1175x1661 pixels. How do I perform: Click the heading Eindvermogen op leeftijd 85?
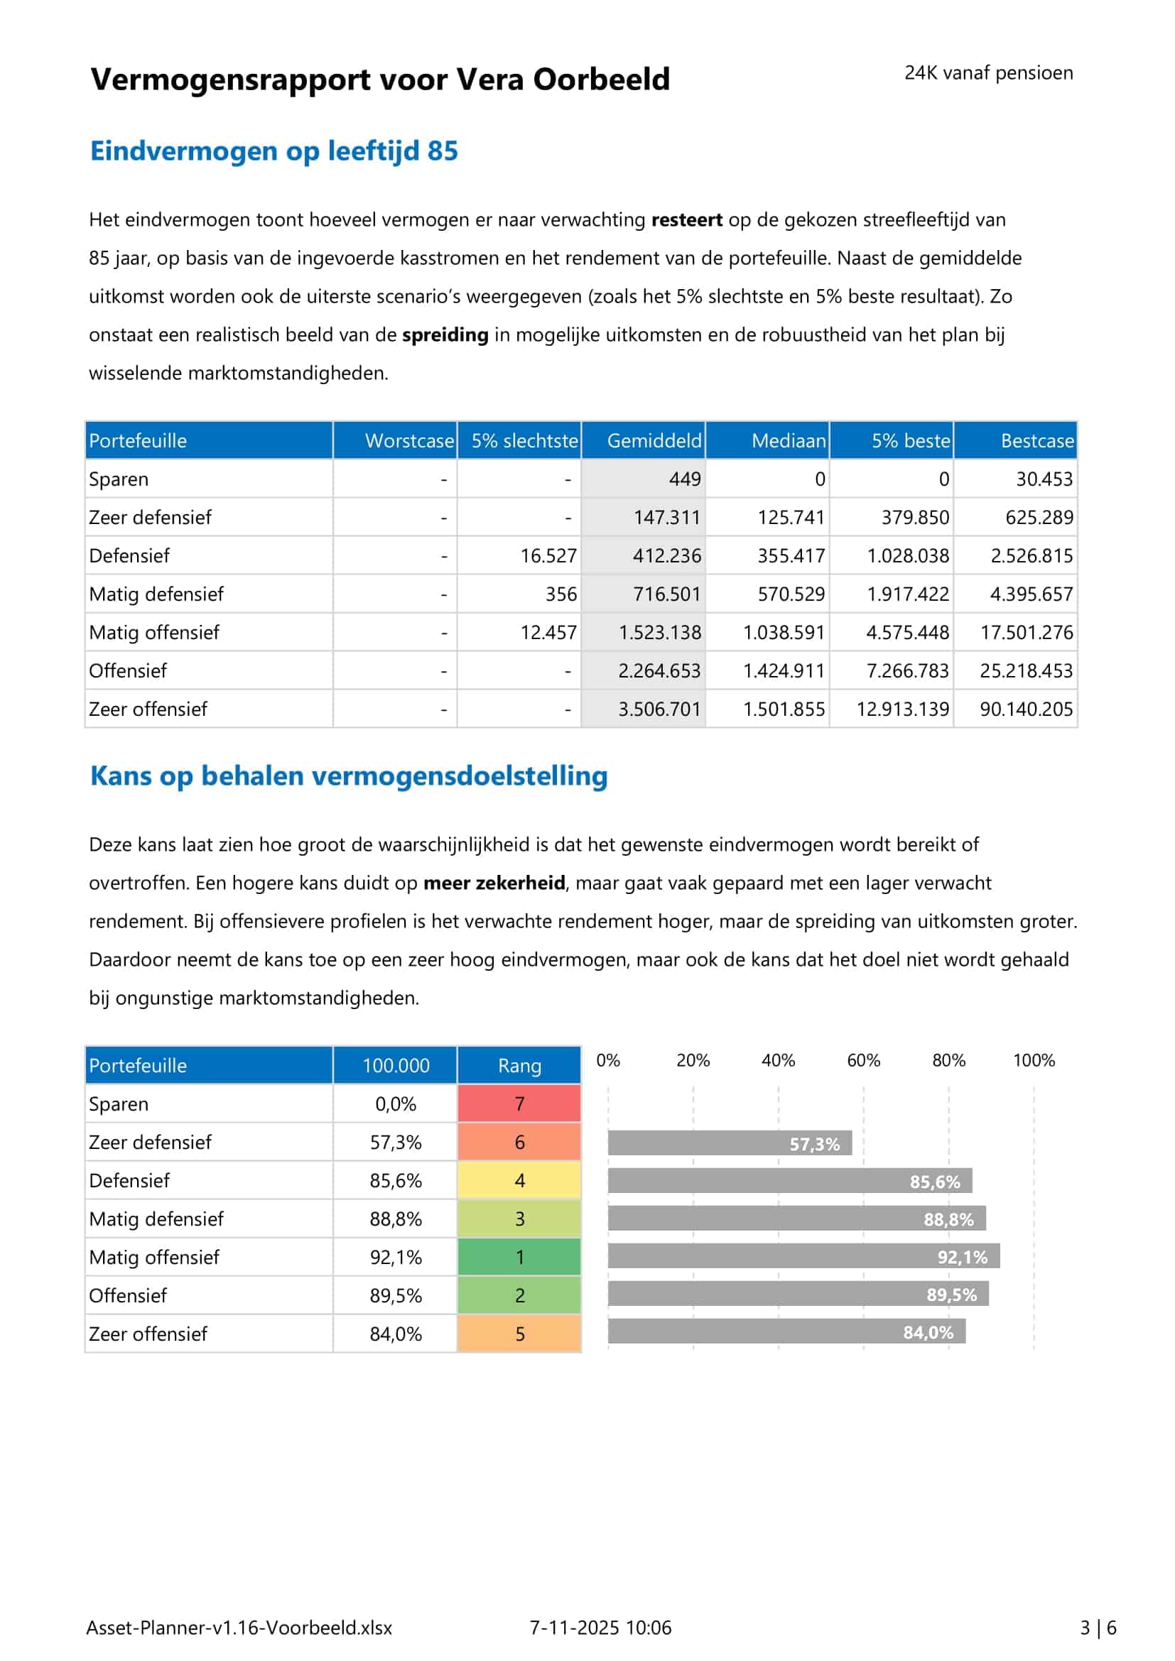click(274, 151)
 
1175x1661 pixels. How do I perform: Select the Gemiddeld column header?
click(654, 440)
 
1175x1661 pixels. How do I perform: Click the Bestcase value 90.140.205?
click(1025, 709)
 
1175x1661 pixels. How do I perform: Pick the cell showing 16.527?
click(548, 555)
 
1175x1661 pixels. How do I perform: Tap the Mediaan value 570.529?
click(790, 594)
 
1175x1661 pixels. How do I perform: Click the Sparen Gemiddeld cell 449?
click(683, 479)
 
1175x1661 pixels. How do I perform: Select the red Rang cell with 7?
click(519, 1104)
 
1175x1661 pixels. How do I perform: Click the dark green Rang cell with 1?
click(519, 1258)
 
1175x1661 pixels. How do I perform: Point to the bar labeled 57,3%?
click(730, 1143)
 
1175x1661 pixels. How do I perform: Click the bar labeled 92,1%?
click(803, 1257)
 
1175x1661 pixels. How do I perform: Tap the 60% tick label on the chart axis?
click(863, 1060)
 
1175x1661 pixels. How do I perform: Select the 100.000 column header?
click(395, 1066)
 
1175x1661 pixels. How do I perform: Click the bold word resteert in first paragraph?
click(686, 220)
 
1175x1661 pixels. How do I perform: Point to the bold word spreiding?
click(445, 335)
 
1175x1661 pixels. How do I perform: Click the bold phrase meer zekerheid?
click(494, 883)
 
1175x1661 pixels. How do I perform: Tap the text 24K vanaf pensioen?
click(988, 73)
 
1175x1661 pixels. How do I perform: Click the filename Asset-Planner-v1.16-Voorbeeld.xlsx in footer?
click(239, 1628)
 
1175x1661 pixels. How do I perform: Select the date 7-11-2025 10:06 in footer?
click(600, 1628)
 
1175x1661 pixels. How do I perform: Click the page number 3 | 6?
click(1098, 1628)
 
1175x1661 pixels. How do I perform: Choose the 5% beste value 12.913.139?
click(902, 709)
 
